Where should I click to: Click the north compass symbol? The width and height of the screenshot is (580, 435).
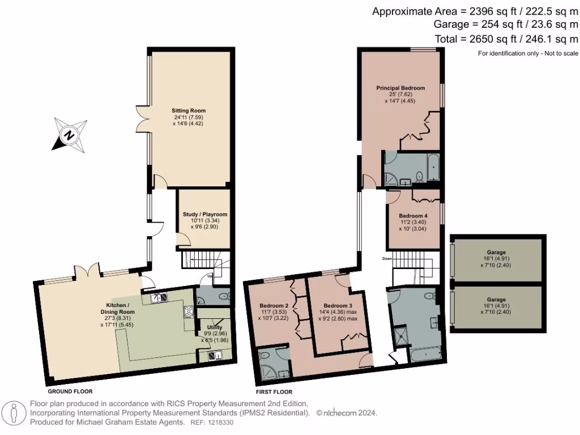coord(69,135)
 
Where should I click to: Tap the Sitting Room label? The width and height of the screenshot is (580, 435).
coord(189,110)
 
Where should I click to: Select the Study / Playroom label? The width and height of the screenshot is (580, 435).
coord(204,215)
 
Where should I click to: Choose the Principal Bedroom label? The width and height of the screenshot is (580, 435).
coord(400,88)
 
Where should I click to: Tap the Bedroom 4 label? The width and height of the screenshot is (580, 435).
coord(413,216)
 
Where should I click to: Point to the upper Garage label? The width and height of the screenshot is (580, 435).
coord(496,252)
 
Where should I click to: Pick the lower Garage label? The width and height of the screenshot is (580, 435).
coord(496,300)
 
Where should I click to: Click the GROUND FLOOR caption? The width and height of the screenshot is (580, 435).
coord(70,391)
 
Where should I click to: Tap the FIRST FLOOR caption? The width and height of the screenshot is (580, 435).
coord(274,391)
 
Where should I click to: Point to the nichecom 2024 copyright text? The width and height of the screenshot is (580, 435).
coord(347,413)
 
